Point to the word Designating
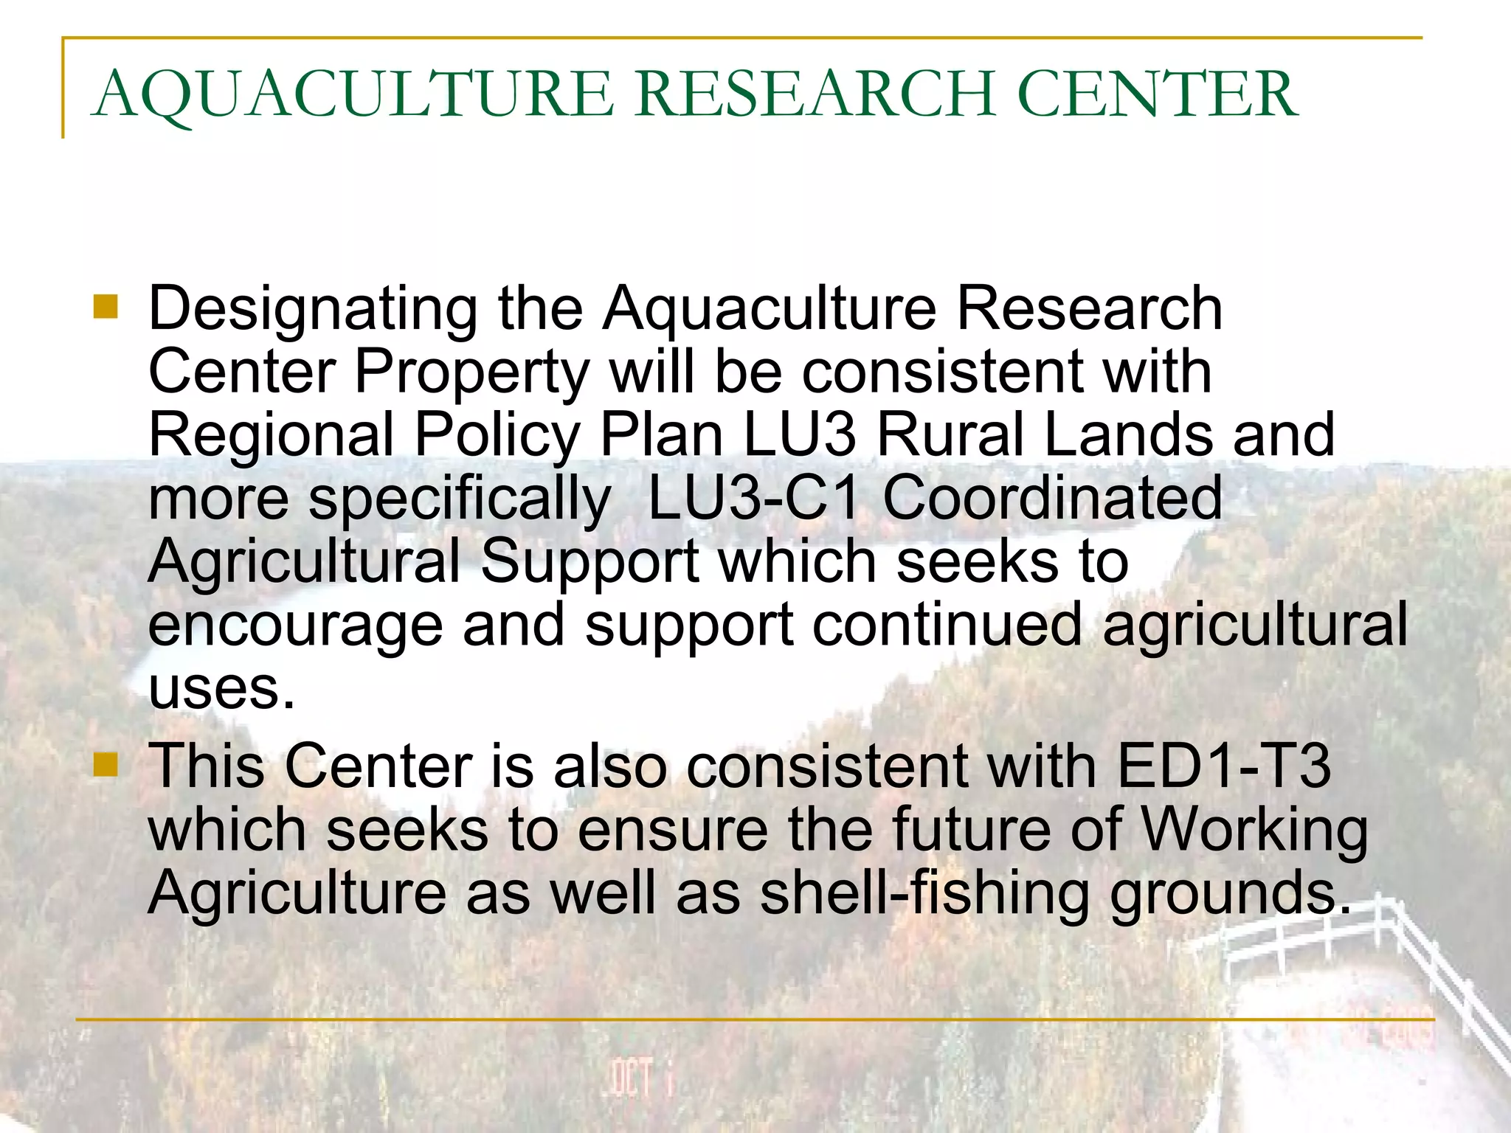pyautogui.click(x=313, y=310)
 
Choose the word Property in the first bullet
pyautogui.click(x=472, y=373)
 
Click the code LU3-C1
pyautogui.click(x=753, y=498)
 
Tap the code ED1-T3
pyautogui.click(x=1224, y=766)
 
